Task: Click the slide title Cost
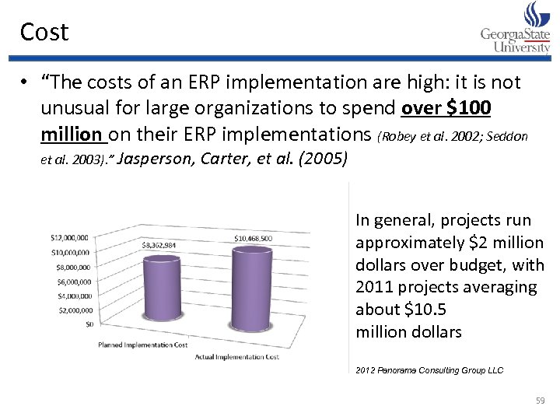[x=44, y=32]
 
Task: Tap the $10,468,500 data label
[x=253, y=238]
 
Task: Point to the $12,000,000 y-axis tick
[x=69, y=237]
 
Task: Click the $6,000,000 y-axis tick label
[x=71, y=282]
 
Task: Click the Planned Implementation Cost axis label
[x=142, y=344]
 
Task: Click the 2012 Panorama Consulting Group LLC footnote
[x=429, y=370]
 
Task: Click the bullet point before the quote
[x=26, y=83]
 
